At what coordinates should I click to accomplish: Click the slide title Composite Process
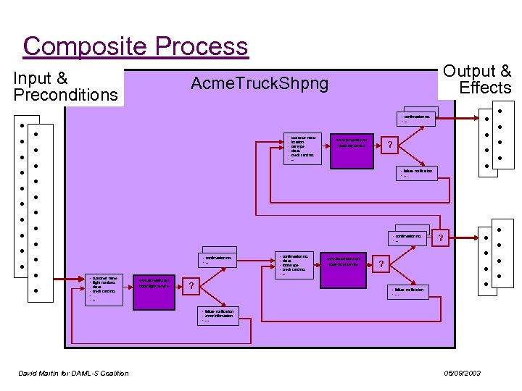click(135, 46)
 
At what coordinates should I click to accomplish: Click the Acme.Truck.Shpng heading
click(259, 84)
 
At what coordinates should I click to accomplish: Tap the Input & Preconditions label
click(65, 87)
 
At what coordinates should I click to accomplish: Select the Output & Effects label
click(477, 80)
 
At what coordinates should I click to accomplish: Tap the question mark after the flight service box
click(191, 286)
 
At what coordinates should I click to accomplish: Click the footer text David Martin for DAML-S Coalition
click(73, 373)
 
